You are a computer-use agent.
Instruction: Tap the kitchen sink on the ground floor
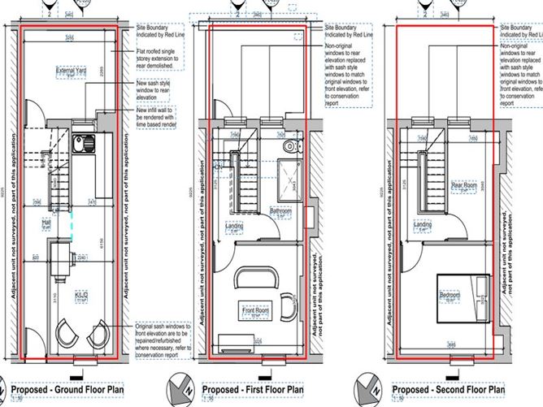click(83, 146)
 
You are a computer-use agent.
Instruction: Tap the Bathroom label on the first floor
click(280, 213)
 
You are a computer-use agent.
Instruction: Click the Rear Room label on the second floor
click(464, 185)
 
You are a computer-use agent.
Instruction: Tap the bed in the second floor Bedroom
click(463, 294)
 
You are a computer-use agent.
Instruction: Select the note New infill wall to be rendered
click(162, 115)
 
